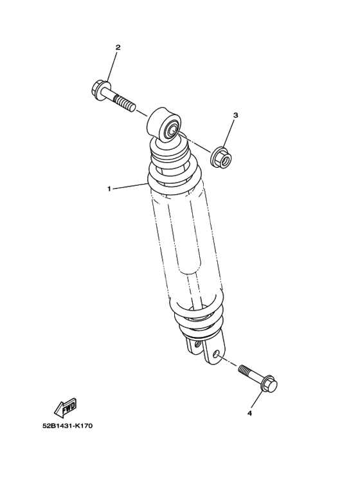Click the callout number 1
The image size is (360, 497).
[x=109, y=189]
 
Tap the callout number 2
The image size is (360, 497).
[x=118, y=48]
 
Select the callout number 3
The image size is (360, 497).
[x=235, y=115]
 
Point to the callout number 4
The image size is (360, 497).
[x=249, y=413]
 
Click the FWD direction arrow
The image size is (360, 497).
[x=66, y=407]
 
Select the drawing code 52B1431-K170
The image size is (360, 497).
[x=67, y=426]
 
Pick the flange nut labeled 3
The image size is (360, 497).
[x=222, y=158]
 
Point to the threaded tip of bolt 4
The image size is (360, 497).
[x=244, y=370]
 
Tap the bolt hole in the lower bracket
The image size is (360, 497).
[x=216, y=354]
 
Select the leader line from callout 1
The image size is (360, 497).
[x=130, y=186]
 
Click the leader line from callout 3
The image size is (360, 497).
[x=230, y=133]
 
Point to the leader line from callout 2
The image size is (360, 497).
[x=113, y=66]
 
